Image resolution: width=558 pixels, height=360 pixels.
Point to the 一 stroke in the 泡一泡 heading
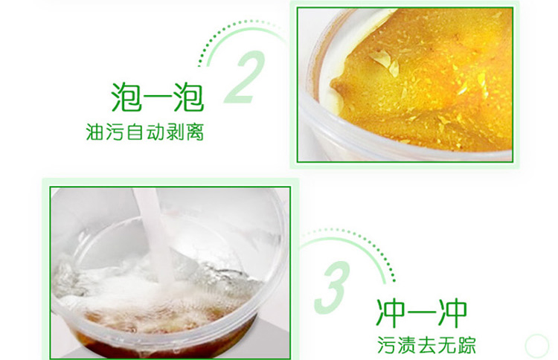(x=157, y=98)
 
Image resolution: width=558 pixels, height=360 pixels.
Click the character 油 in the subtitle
(x=94, y=132)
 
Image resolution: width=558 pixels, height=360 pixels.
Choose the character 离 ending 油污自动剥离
(x=195, y=132)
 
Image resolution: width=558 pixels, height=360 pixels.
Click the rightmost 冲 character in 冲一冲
(x=452, y=313)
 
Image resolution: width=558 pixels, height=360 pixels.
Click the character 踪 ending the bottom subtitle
(x=466, y=345)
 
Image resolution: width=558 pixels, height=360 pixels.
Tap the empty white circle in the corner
(x=536, y=345)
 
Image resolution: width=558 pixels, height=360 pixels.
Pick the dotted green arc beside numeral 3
(x=374, y=245)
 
